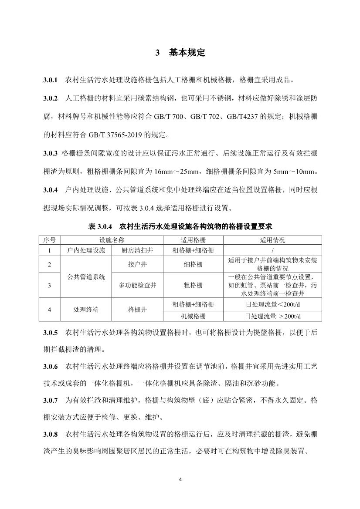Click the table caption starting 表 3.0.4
tap(180, 227)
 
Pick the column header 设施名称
tap(112, 240)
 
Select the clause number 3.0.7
tap(51, 400)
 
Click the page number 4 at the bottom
tap(180, 480)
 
